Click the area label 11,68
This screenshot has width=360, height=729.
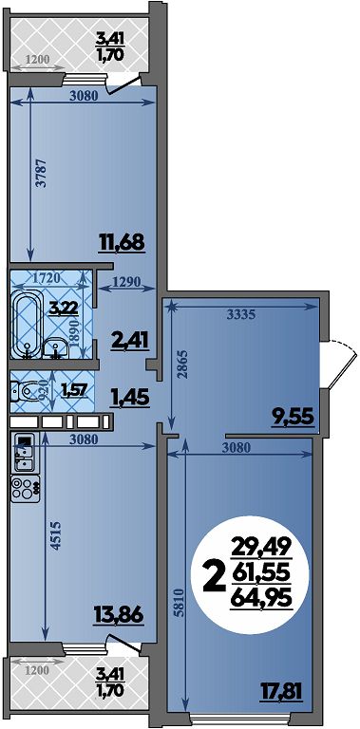click(123, 242)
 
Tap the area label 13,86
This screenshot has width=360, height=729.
click(118, 615)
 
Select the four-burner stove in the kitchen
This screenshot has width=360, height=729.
click(26, 489)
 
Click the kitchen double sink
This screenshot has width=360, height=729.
click(24, 454)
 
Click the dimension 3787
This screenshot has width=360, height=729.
click(42, 173)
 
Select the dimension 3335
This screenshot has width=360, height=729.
click(241, 315)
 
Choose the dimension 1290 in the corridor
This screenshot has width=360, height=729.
click(127, 280)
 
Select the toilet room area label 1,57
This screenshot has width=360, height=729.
click(74, 389)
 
